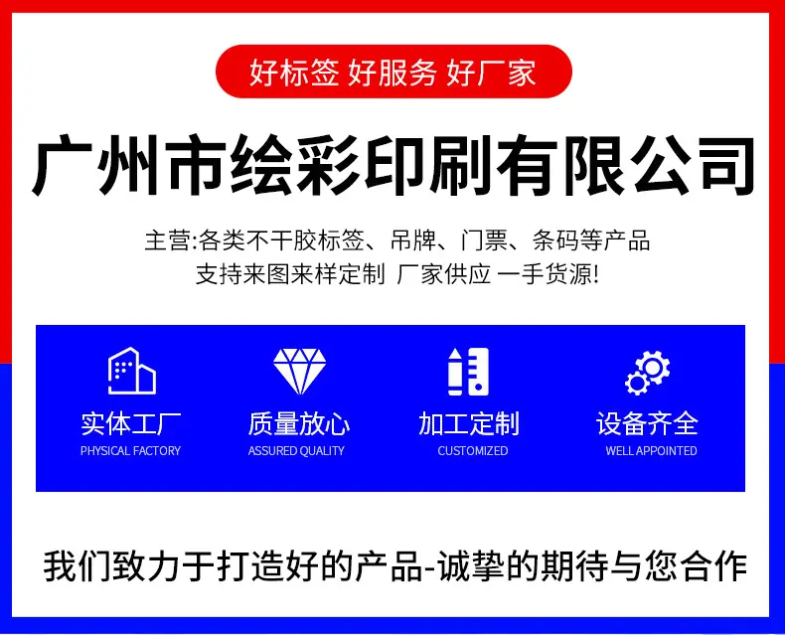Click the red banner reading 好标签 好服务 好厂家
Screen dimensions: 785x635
[393, 72]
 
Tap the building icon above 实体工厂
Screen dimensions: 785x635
[132, 371]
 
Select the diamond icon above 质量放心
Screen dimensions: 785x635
[299, 371]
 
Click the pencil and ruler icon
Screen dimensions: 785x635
[468, 371]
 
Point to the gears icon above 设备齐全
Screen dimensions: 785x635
[647, 373]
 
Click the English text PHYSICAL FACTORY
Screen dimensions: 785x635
[130, 451]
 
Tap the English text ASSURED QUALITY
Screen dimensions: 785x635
[296, 451]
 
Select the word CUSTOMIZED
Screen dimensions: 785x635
[473, 451]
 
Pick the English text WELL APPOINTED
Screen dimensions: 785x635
[651, 451]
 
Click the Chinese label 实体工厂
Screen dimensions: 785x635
[131, 423]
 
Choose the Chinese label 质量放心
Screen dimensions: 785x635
[299, 423]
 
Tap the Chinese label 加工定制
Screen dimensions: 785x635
[469, 423]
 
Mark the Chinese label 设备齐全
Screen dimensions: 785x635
[647, 423]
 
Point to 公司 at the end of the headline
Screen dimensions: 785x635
[692, 165]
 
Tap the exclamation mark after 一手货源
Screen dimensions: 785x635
[595, 274]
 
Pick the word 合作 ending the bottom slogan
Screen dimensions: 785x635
[713, 566]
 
